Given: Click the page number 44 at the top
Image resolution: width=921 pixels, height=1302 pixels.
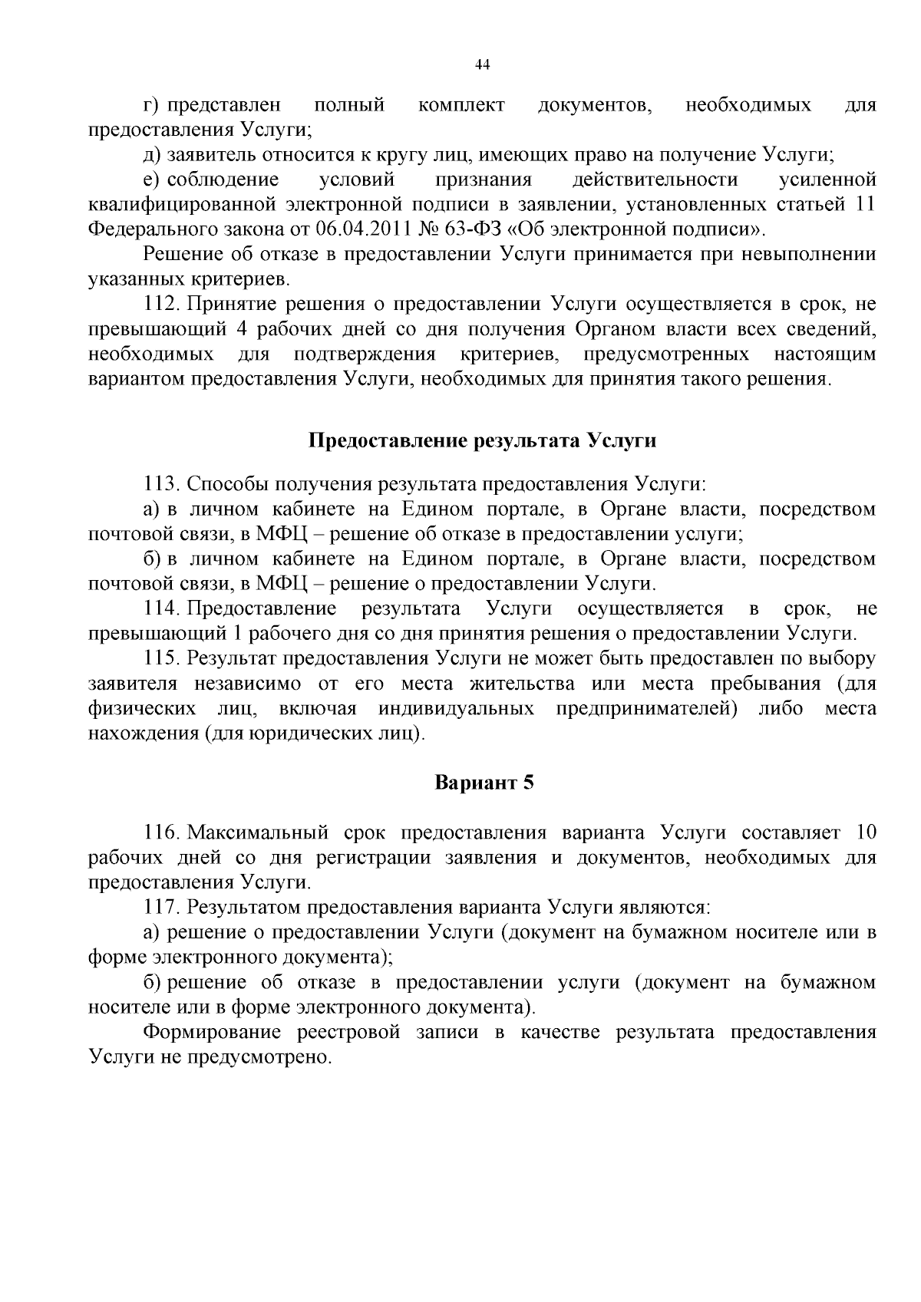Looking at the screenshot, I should tap(483, 65).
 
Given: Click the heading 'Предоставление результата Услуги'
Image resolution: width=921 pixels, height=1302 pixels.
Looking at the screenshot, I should tap(483, 441).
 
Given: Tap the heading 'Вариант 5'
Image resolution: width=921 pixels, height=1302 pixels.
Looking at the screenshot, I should tap(484, 783).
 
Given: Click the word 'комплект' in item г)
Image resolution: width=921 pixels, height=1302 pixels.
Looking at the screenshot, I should tap(461, 105).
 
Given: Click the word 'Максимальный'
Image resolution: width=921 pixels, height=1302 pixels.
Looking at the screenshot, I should tap(259, 833).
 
